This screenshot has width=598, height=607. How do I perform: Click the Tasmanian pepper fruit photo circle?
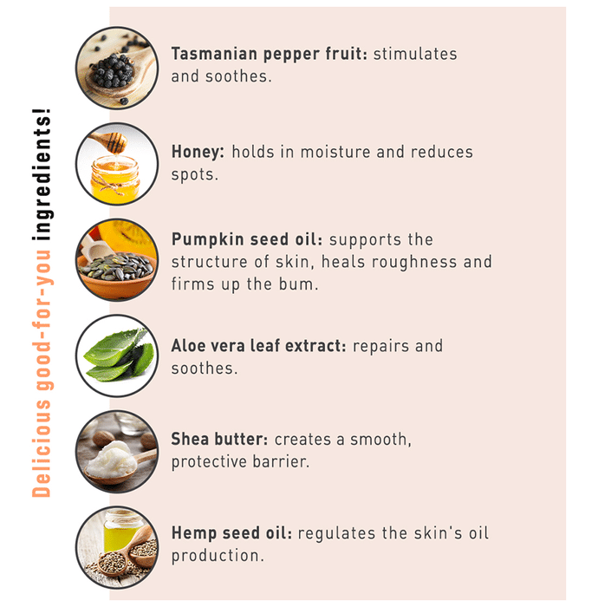[117, 68]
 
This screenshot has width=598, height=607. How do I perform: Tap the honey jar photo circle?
[117, 164]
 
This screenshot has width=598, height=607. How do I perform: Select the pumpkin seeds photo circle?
[117, 260]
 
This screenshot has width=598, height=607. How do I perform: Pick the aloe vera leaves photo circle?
[117, 356]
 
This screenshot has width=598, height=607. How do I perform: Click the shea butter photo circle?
[117, 452]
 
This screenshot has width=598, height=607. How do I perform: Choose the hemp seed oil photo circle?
[117, 548]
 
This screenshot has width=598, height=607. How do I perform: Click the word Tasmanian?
[214, 54]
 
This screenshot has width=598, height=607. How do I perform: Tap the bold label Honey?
[198, 152]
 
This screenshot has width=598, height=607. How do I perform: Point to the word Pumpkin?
[208, 239]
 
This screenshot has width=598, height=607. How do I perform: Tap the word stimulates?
[415, 54]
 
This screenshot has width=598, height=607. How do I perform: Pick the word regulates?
[336, 534]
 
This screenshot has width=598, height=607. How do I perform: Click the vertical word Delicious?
[42, 448]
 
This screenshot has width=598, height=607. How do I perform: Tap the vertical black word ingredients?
[42, 174]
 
